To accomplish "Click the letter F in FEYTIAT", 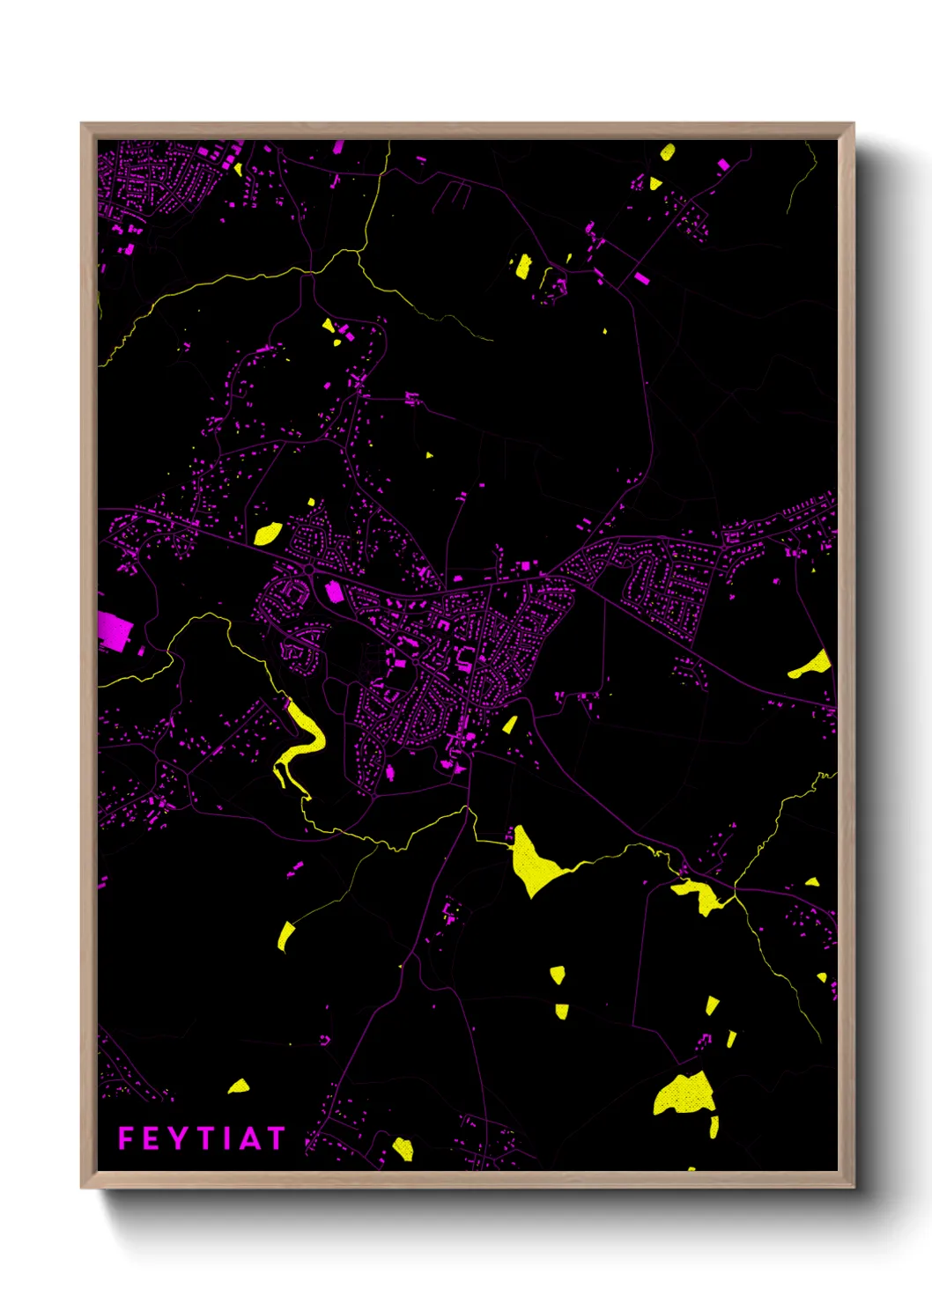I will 125,1138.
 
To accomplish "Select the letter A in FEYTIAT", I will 249,1138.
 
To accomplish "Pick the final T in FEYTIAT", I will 274,1138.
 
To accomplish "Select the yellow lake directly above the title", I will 239,1086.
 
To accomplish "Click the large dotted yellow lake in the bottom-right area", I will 684,1094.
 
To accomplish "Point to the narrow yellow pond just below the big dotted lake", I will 714,1126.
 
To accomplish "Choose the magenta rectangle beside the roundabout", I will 334,591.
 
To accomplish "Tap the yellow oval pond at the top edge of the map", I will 668,151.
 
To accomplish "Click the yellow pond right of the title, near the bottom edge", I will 403,1148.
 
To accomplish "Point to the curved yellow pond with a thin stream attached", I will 285,936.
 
